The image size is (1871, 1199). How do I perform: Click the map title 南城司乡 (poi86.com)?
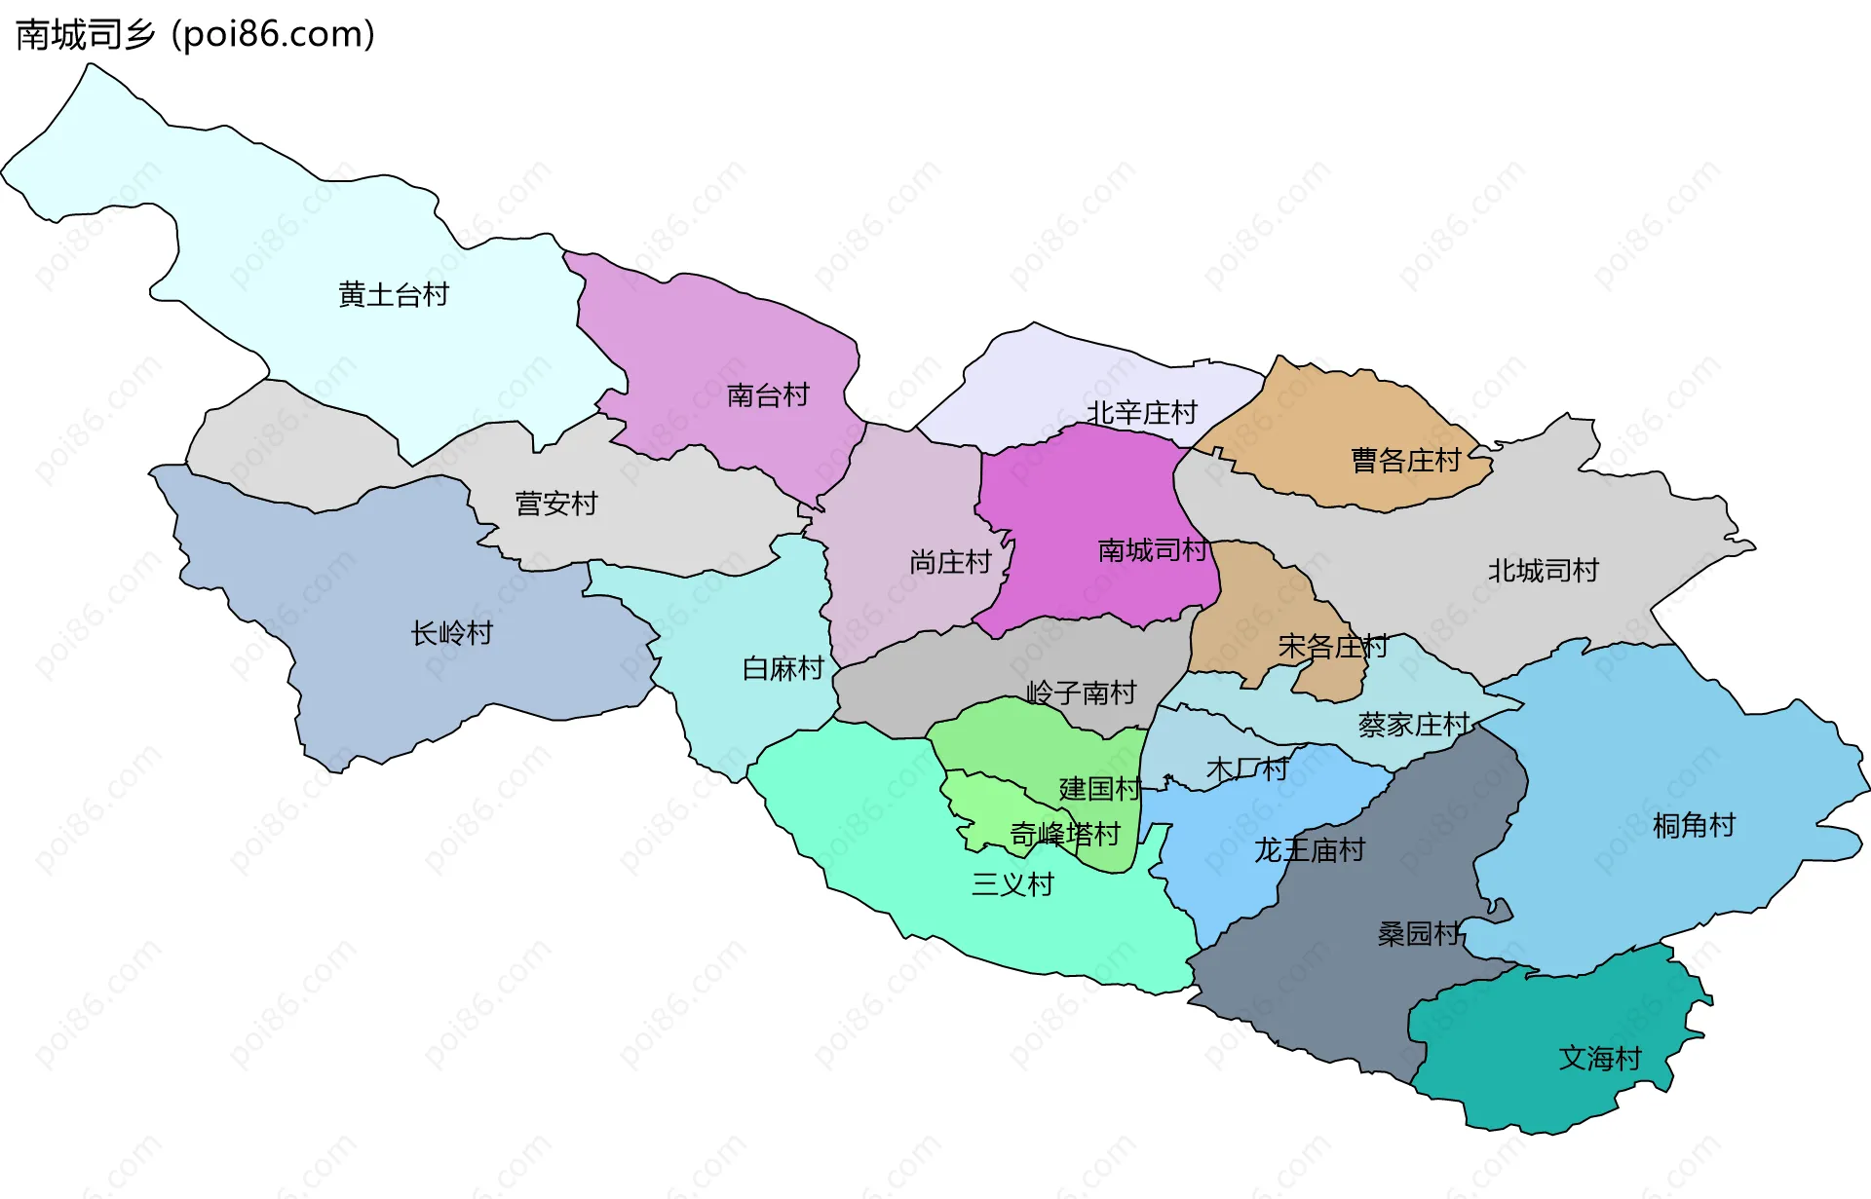195,34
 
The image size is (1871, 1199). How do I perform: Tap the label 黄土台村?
394,294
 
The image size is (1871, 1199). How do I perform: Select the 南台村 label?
768,395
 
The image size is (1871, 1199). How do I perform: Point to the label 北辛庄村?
1141,413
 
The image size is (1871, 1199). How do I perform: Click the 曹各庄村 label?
1405,460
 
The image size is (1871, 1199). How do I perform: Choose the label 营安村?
555,504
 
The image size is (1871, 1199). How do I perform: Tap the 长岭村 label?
451,633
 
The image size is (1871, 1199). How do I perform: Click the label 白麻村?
783,668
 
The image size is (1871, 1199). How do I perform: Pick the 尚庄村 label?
949,562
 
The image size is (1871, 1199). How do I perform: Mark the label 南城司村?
1152,550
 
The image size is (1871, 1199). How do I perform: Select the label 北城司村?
1543,571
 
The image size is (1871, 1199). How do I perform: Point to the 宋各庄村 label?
1332,646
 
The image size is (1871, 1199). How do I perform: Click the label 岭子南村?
1081,693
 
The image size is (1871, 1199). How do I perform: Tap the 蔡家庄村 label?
1413,725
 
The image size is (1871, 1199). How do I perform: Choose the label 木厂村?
1247,769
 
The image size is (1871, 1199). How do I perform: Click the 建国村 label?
1099,789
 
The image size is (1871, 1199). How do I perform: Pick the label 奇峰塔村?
1064,835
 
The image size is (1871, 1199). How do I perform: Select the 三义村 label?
1012,884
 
